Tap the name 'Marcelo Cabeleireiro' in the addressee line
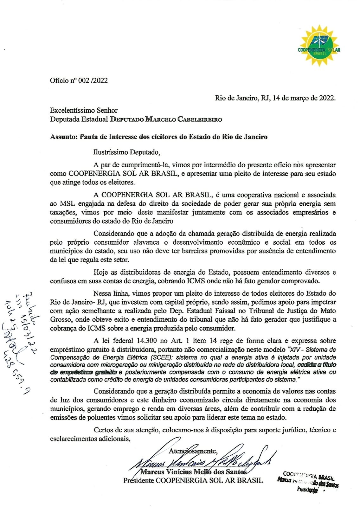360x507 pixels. [183, 119]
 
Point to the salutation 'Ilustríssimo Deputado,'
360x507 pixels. [127, 152]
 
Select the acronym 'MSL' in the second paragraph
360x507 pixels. [67, 204]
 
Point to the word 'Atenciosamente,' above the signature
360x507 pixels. [193, 451]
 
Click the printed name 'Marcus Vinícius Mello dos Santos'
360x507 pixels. [193, 472]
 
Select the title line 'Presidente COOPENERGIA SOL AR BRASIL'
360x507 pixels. [193, 480]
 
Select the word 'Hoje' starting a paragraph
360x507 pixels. [101, 272]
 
